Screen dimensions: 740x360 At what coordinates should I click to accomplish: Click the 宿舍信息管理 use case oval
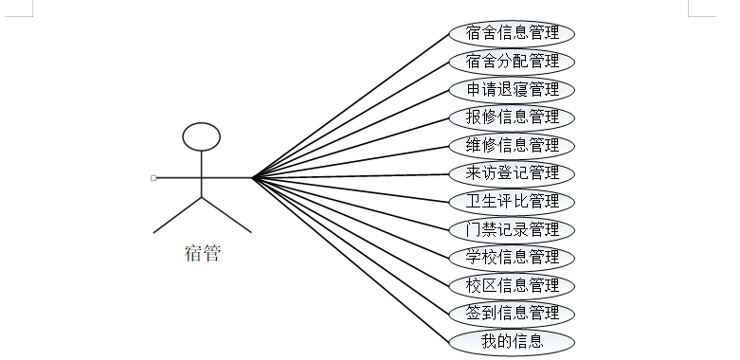pyautogui.click(x=512, y=34)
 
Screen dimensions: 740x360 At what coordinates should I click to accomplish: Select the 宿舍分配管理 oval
pyautogui.click(x=512, y=62)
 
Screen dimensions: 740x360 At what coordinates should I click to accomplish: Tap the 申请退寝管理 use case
pyautogui.click(x=512, y=90)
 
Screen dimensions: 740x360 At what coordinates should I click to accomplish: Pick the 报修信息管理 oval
pyautogui.click(x=512, y=118)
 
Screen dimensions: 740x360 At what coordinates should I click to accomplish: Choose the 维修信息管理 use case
pyautogui.click(x=512, y=146)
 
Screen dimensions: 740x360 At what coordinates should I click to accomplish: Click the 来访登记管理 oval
pyautogui.click(x=512, y=174)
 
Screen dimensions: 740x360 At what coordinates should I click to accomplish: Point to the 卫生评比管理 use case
pyautogui.click(x=512, y=202)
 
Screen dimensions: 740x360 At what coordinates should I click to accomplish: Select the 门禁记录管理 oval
pyautogui.click(x=512, y=230)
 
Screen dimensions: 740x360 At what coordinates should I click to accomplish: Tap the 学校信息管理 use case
pyautogui.click(x=512, y=258)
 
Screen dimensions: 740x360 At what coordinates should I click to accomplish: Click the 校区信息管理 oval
pyautogui.click(x=512, y=286)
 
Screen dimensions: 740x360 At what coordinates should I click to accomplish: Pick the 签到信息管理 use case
pyautogui.click(x=512, y=315)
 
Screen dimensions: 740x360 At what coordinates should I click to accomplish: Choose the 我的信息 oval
pyautogui.click(x=512, y=342)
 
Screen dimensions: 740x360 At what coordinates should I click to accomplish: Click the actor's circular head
pyautogui.click(x=202, y=123)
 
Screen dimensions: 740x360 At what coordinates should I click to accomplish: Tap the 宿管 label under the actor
pyautogui.click(x=203, y=253)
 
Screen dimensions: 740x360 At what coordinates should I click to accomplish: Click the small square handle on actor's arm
pyautogui.click(x=153, y=178)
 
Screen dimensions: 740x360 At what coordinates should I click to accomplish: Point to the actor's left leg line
pyautogui.click(x=177, y=215)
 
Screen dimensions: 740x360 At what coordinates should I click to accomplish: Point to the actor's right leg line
pyautogui.click(x=226, y=215)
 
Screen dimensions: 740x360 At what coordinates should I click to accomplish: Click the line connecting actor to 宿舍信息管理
pyautogui.click(x=351, y=106)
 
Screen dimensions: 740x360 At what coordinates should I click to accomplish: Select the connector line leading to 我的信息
pyautogui.click(x=351, y=260)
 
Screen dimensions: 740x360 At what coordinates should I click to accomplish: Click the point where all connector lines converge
pyautogui.click(x=253, y=178)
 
